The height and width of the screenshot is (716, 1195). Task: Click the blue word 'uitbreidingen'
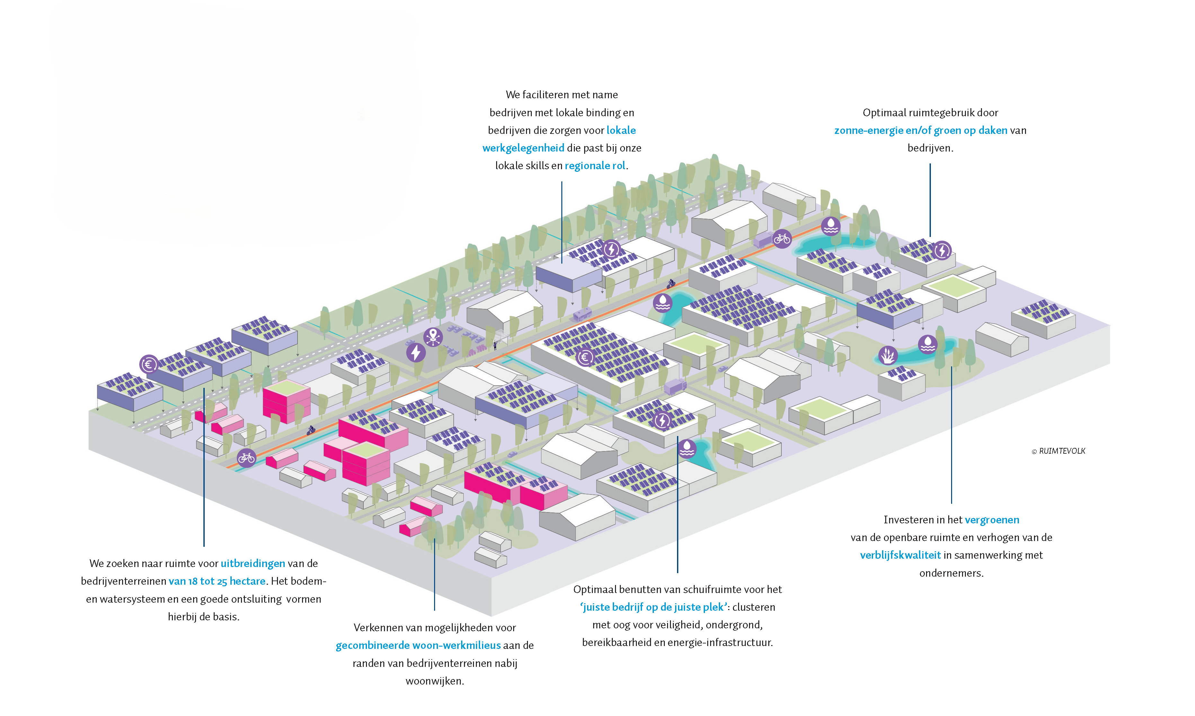point(253,563)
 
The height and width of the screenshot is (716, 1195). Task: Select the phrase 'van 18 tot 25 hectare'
point(217,581)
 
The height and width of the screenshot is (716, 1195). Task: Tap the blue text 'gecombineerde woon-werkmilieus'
point(418,646)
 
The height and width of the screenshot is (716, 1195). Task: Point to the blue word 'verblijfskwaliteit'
point(900,555)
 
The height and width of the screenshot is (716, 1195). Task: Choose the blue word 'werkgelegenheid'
point(523,148)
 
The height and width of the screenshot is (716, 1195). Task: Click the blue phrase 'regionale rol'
point(595,166)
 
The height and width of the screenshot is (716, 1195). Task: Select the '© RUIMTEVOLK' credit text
point(1058,451)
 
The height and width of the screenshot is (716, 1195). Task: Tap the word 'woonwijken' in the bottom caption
point(434,681)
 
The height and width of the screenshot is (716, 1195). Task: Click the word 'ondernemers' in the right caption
point(950,573)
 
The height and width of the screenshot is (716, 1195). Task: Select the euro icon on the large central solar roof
point(585,357)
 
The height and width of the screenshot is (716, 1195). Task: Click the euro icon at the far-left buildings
point(149,364)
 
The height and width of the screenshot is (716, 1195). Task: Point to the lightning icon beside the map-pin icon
point(415,352)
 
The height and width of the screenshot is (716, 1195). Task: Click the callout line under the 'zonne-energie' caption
point(930,200)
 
